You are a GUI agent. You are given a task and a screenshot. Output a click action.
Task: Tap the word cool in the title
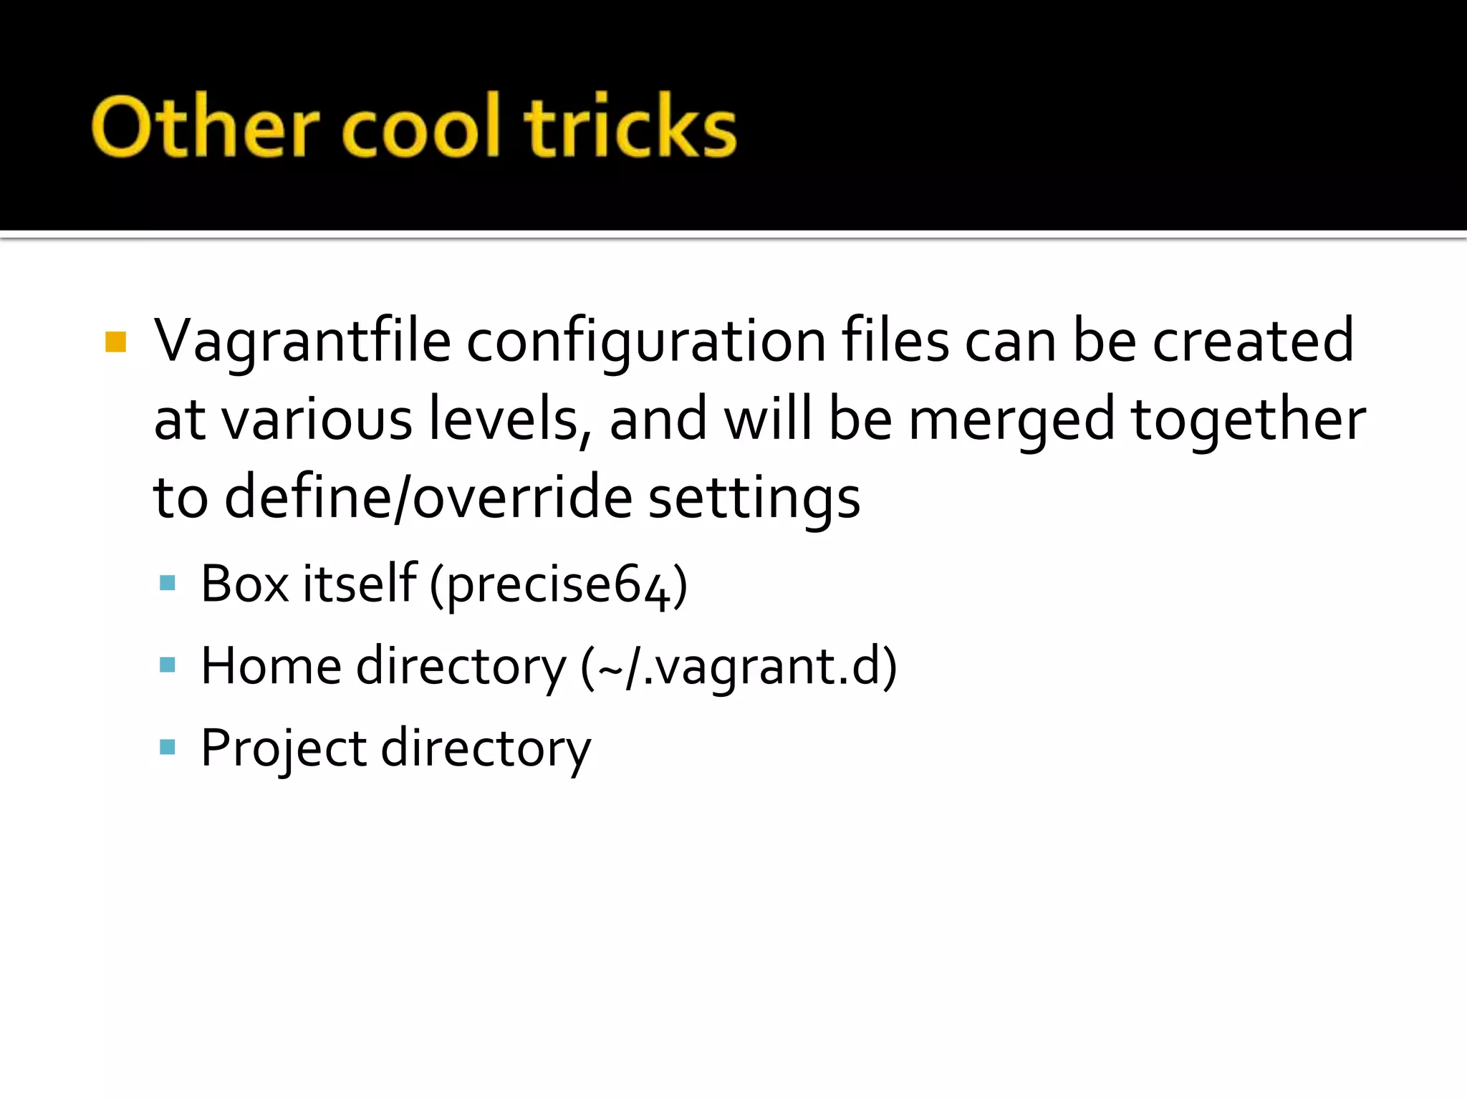click(x=420, y=126)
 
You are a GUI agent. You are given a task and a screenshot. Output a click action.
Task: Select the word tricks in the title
click(x=630, y=126)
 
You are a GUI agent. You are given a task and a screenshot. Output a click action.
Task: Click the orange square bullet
click(x=115, y=342)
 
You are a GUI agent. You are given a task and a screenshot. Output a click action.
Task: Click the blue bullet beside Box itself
click(x=168, y=583)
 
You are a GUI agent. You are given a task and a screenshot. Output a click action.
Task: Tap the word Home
click(x=271, y=666)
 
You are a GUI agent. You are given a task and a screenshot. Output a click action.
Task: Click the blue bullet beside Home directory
click(x=168, y=665)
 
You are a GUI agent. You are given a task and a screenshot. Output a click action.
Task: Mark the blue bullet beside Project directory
click(x=168, y=748)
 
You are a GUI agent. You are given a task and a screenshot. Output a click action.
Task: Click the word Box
click(x=244, y=584)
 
